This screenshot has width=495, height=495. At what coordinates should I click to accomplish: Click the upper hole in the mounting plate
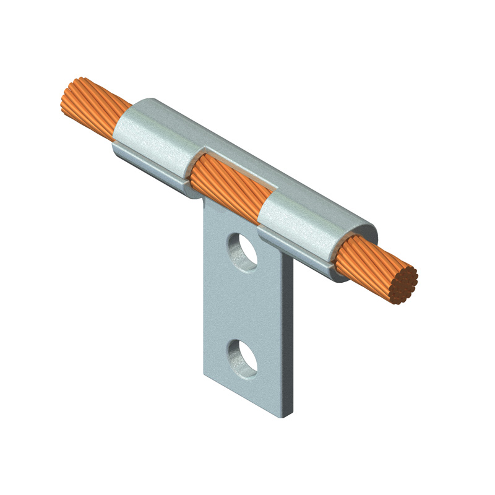coord(243,249)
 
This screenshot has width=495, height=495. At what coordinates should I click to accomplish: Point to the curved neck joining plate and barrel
coord(204,201)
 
